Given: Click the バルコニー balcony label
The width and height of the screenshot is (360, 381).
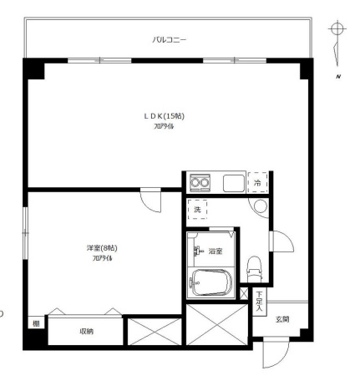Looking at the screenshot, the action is (169, 40).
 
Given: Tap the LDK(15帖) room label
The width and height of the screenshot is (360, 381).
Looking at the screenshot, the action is (164, 116).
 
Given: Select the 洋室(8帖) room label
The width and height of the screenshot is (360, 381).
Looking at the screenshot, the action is (102, 247).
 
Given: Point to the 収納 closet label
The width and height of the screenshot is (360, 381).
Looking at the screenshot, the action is (87, 332).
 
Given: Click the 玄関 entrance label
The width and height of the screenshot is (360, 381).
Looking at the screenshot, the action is (282, 319).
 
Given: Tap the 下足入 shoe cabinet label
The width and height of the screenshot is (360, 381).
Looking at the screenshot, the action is (260, 302).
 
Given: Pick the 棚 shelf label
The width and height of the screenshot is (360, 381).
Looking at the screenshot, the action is (36, 323).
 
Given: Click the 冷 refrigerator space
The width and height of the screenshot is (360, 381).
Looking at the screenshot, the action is (258, 183).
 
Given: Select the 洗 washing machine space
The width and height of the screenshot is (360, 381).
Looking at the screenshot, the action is (197, 210).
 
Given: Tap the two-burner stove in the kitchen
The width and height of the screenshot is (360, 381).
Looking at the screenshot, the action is (200, 183).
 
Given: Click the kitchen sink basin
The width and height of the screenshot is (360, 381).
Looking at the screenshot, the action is (234, 183).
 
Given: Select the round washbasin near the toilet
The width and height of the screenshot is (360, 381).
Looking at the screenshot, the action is (261, 206).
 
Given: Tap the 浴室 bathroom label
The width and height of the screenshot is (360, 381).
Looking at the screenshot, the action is (215, 251).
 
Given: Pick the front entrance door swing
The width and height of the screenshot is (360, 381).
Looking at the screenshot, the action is (276, 353).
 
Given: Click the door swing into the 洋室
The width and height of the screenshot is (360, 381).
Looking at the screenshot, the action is (150, 201).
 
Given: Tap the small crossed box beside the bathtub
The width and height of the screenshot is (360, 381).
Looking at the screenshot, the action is (244, 293).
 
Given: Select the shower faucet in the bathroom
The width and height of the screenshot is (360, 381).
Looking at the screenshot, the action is (197, 251).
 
